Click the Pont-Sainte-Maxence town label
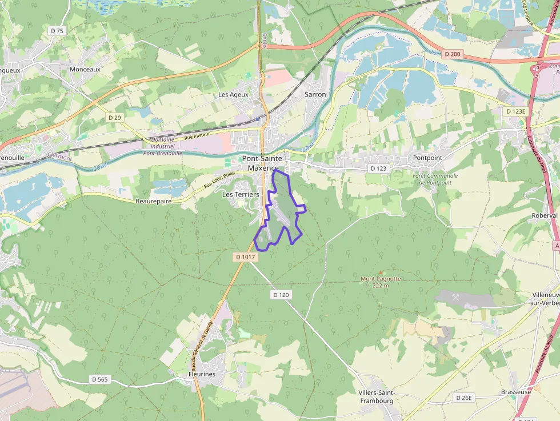tap(264, 163)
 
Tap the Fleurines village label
tap(202, 374)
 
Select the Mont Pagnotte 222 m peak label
tap(381, 282)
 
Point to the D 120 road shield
tap(282, 295)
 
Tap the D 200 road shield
tap(451, 54)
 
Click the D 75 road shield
tap(57, 31)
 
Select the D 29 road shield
tap(115, 117)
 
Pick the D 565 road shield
tap(99, 379)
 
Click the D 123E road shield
tap(515, 111)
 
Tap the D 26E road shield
tap(465, 398)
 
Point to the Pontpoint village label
tap(427, 158)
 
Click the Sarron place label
tap(315, 94)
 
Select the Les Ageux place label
tap(234, 94)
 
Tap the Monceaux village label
tap(85, 69)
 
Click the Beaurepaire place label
tap(154, 202)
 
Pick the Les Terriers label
tap(240, 194)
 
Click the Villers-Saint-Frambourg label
tap(377, 396)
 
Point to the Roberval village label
tap(544, 216)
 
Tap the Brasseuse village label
tap(516, 392)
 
